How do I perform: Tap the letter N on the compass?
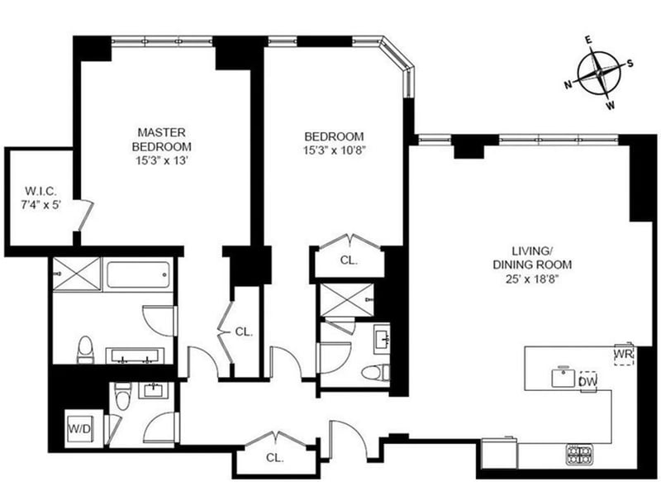click(x=569, y=84)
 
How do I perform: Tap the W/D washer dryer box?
click(x=80, y=429)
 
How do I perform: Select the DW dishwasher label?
click(x=587, y=381)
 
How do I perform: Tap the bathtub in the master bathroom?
click(x=139, y=274)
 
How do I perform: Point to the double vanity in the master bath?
click(x=136, y=356)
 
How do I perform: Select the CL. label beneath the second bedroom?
click(x=348, y=260)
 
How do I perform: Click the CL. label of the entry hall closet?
click(x=274, y=456)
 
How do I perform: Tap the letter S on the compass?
click(x=630, y=62)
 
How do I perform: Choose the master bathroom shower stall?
click(x=75, y=272)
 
